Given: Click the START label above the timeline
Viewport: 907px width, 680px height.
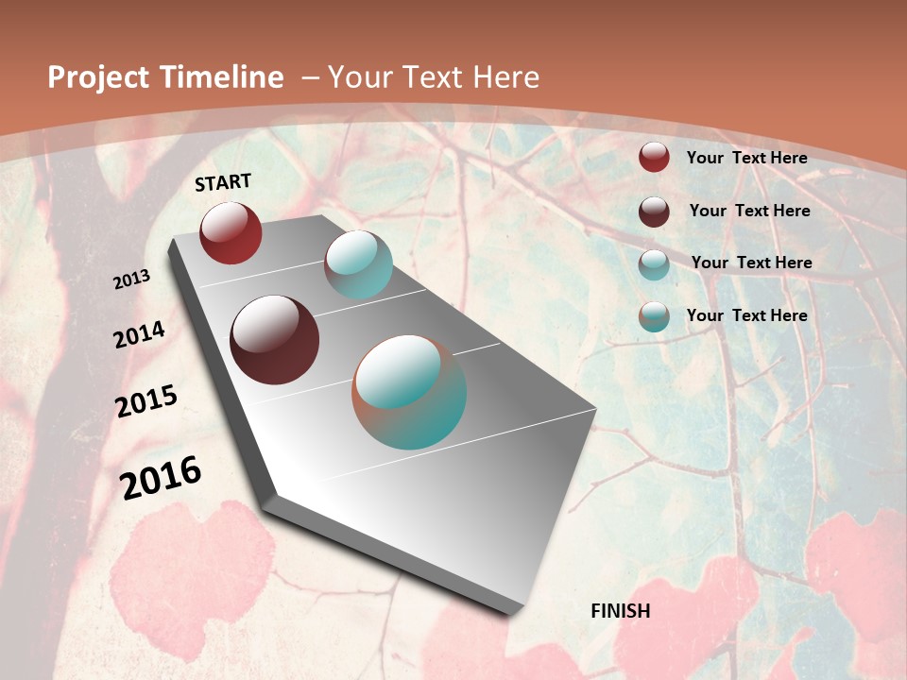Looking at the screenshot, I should [223, 182].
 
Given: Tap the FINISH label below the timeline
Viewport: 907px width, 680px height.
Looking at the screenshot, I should [620, 611].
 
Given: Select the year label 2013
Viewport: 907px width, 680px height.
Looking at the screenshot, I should [132, 279].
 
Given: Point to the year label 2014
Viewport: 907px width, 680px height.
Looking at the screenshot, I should [139, 334].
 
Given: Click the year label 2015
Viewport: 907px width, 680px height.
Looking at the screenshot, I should [146, 401].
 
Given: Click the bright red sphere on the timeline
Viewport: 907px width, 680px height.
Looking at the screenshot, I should [231, 232].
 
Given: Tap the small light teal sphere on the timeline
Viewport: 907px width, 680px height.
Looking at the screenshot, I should [358, 264].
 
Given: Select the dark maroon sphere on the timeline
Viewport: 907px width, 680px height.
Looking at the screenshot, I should [274, 340].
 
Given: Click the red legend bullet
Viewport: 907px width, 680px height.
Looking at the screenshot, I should [654, 157].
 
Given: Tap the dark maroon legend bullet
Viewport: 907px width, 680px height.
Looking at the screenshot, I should [654, 211].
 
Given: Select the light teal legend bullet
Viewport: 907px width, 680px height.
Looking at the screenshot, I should [654, 263].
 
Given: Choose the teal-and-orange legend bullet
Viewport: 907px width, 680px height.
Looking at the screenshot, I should [654, 316].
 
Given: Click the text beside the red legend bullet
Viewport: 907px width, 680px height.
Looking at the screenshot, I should [746, 158].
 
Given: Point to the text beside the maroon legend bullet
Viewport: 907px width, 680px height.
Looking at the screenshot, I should [749, 211].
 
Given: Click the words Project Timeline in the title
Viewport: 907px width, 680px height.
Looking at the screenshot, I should [165, 77].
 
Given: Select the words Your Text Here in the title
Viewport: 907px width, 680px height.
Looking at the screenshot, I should [433, 77].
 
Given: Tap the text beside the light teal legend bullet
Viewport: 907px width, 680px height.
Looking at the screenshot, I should [751, 263].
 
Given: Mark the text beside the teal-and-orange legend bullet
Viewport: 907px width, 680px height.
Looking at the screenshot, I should [746, 315].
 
